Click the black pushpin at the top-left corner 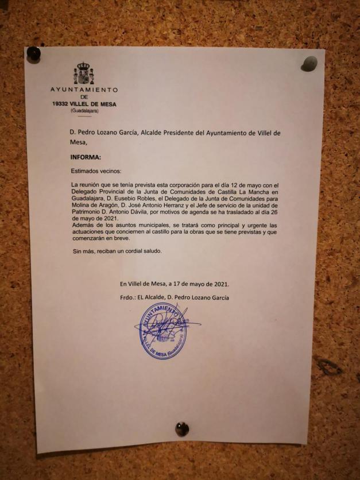pos(34,55)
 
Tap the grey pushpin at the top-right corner pos(309,63)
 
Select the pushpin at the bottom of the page pos(182,428)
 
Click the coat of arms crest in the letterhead pos(84,74)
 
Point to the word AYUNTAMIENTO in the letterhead pos(84,90)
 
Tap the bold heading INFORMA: pos(85,156)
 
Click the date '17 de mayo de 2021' pos(200,284)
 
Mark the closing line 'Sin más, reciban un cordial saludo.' pos(117,251)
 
